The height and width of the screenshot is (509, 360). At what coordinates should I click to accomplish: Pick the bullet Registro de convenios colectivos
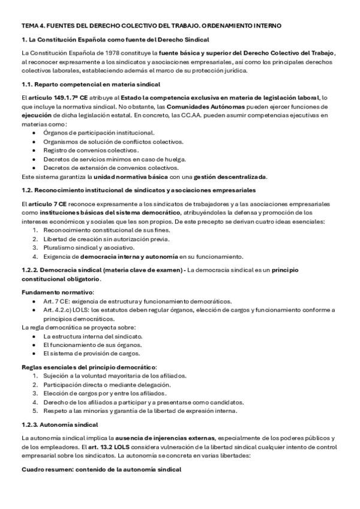tap(91, 150)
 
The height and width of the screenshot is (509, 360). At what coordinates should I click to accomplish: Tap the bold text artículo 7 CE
tap(46, 204)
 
